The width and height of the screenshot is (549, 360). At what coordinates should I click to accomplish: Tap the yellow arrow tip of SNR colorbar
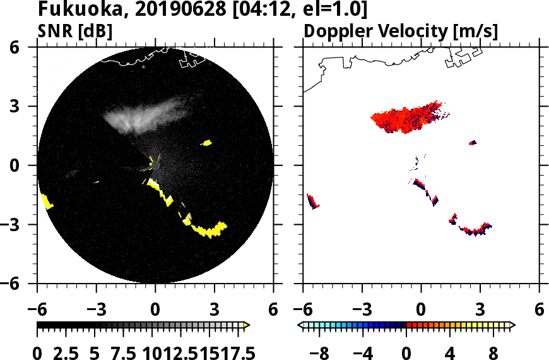tap(247, 325)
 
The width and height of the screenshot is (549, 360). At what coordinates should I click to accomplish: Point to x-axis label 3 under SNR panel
tap(215, 310)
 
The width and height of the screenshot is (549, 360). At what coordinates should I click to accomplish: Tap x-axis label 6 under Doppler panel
tap(539, 310)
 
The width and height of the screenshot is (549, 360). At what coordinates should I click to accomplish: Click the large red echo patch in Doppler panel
tap(404, 116)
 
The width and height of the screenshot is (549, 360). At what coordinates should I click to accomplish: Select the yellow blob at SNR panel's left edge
tap(47, 201)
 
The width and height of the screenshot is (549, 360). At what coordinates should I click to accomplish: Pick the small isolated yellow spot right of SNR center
tap(206, 143)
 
